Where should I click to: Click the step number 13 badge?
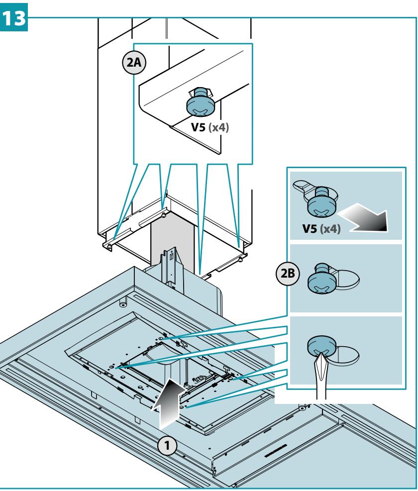[x=14, y=17]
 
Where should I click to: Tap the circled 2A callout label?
[x=134, y=62]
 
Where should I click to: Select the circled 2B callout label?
[x=287, y=274]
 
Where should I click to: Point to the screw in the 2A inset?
[x=200, y=102]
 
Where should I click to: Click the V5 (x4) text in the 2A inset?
[x=210, y=127]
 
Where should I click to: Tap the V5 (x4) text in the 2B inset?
[x=321, y=228]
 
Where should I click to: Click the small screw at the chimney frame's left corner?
[x=109, y=247]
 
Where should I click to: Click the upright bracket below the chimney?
[x=169, y=266]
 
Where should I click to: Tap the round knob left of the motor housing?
[x=122, y=304]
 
